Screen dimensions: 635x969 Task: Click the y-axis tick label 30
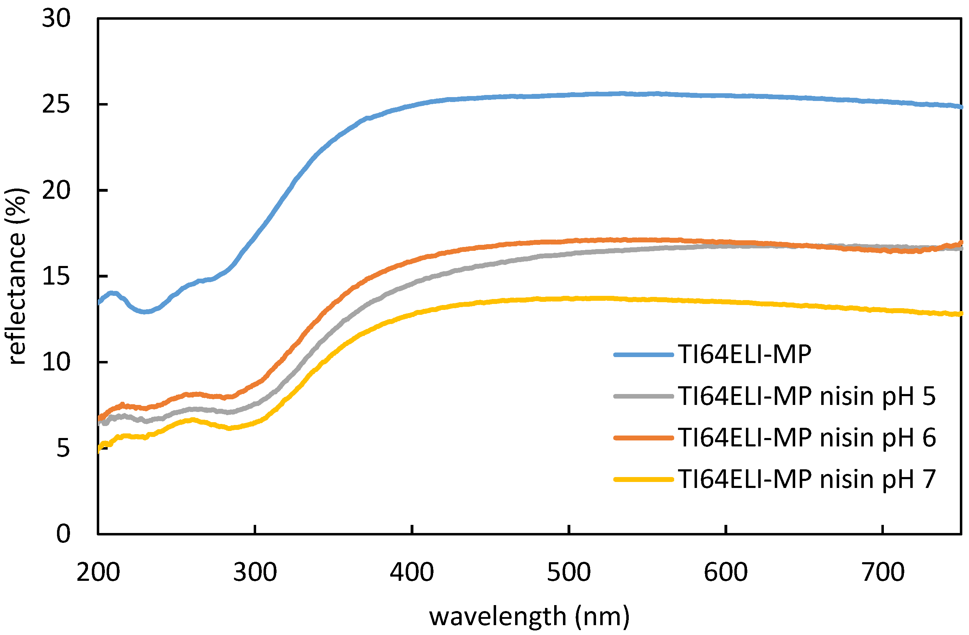click(56, 19)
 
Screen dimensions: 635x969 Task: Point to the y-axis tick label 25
click(56, 104)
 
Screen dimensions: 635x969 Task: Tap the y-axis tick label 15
click(56, 277)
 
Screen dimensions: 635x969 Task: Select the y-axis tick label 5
click(63, 449)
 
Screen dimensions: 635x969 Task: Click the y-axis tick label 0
click(63, 534)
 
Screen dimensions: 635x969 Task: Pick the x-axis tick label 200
click(98, 572)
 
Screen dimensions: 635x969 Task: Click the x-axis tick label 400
click(412, 572)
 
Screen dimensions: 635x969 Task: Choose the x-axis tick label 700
click(882, 572)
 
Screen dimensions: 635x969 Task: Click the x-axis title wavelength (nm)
click(529, 616)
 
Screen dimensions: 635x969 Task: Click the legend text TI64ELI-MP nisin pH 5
click(806, 396)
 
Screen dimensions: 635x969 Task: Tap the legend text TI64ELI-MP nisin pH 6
click(806, 438)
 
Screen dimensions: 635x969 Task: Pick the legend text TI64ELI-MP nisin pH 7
click(806, 479)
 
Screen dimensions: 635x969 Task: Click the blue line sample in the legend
click(643, 355)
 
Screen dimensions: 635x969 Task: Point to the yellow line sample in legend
click(643, 480)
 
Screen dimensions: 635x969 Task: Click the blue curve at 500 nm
click(569, 95)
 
